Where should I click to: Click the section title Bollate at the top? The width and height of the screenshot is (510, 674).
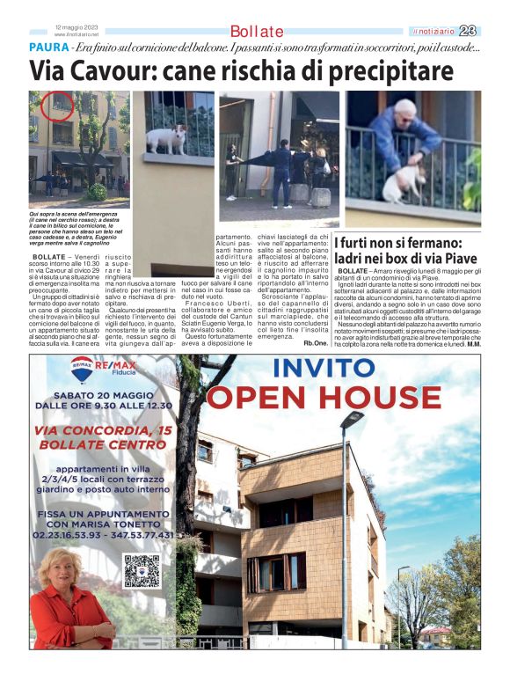257,32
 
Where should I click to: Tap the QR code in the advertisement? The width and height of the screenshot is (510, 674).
142,571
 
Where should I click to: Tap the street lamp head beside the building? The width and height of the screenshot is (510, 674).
352,417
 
